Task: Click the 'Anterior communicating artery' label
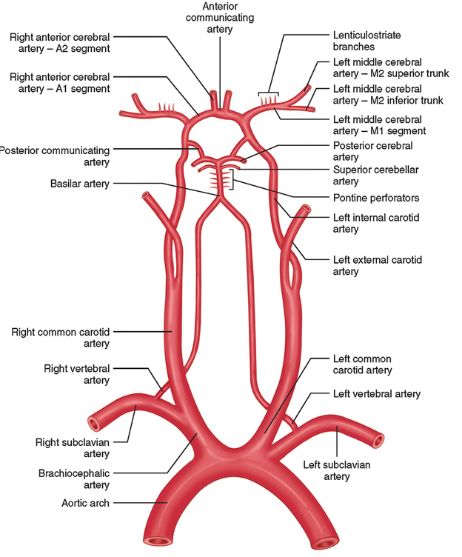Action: [x=219, y=18]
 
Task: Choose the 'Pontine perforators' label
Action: [x=376, y=198]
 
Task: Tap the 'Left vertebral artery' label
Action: [x=376, y=394]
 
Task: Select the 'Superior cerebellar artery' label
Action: [x=376, y=176]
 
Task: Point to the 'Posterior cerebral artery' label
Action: [x=373, y=151]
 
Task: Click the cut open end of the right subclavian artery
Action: [x=94, y=424]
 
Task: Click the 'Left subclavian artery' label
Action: [x=337, y=471]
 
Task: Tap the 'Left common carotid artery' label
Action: [x=362, y=364]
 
